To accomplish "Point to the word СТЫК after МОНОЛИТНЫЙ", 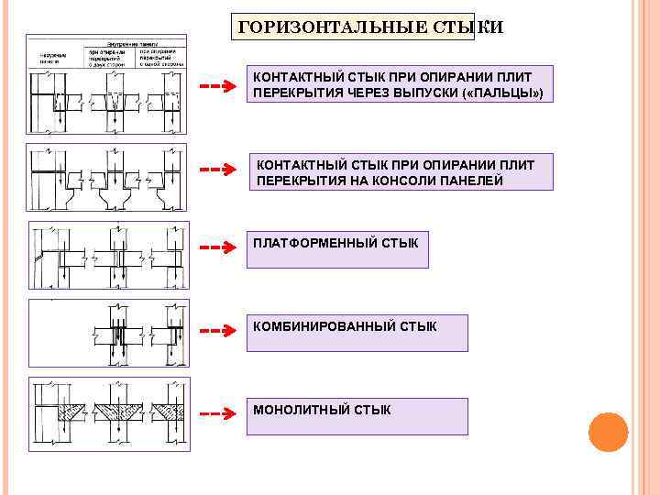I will click(371, 409).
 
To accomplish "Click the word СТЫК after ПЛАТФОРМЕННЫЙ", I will click(401, 243).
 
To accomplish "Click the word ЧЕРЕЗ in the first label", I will click(357, 94).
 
